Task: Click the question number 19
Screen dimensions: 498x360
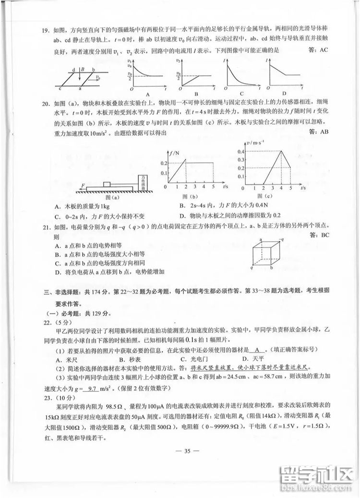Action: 46,32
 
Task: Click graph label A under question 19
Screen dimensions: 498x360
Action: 147,94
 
